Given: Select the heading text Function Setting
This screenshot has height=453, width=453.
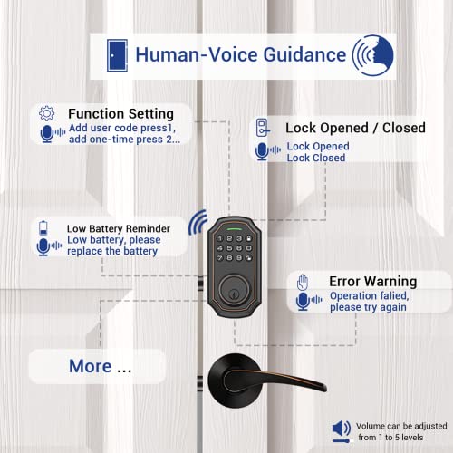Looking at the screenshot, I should pyautogui.click(x=120, y=114).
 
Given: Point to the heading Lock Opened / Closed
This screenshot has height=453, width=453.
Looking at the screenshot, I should pyautogui.click(x=355, y=128).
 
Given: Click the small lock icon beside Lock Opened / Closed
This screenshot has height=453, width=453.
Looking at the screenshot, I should pyautogui.click(x=262, y=128).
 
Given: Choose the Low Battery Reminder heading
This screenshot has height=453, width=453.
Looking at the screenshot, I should pyautogui.click(x=114, y=228).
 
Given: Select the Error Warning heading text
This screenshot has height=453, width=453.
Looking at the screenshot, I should pyautogui.click(x=372, y=281).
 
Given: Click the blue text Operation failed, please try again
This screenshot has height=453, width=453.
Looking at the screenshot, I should pyautogui.click(x=369, y=302).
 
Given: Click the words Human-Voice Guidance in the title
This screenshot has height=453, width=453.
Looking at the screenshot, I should pyautogui.click(x=240, y=54).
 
